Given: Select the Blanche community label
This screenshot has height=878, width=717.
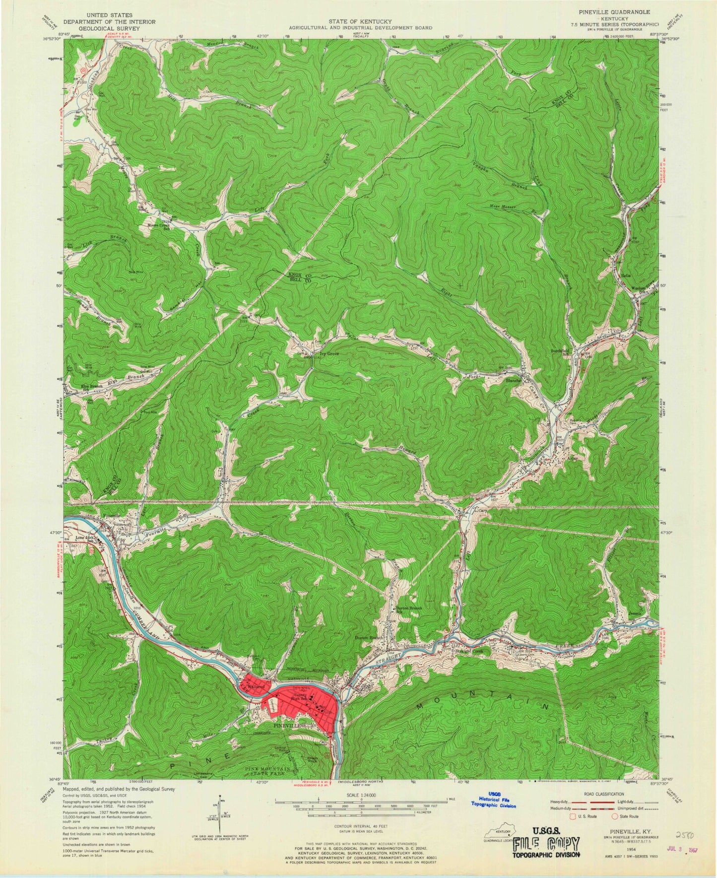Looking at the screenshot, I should point(513,381).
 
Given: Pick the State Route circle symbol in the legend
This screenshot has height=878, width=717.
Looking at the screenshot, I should point(615,816).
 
